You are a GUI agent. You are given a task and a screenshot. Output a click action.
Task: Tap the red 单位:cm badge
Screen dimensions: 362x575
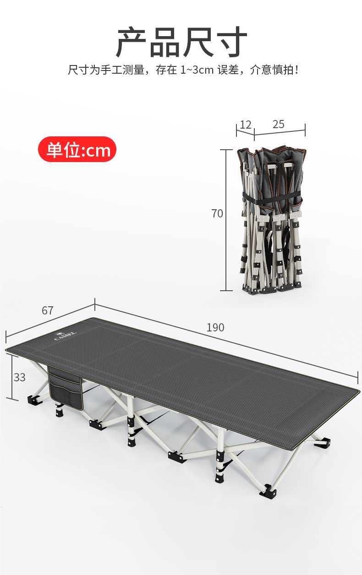pyautogui.click(x=77, y=149)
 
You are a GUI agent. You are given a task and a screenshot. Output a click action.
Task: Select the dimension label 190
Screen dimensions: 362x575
pyautogui.click(x=215, y=327)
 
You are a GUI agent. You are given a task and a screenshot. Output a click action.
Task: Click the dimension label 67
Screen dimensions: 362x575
pyautogui.click(x=48, y=310)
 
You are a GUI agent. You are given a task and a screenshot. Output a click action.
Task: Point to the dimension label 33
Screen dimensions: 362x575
pyautogui.click(x=20, y=377)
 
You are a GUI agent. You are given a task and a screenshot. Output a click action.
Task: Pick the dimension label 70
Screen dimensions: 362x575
pyautogui.click(x=217, y=213)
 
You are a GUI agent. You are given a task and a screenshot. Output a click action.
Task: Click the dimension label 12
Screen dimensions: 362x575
pyautogui.click(x=245, y=125)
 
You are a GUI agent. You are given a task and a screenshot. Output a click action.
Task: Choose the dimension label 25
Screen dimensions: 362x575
pyautogui.click(x=279, y=124)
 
